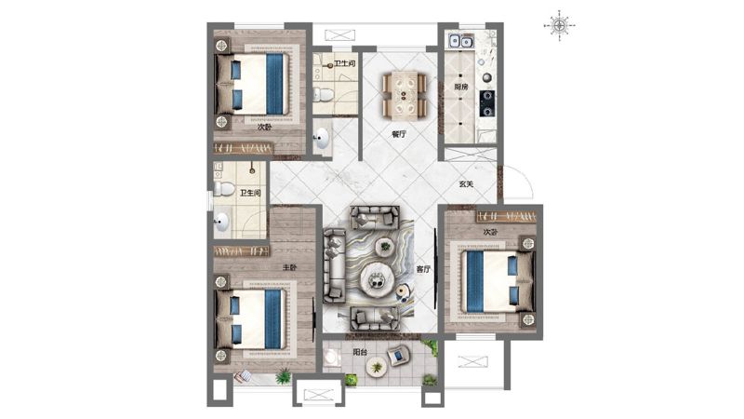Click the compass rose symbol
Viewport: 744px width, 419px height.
pos(560,26)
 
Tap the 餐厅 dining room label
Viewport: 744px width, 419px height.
pos(399,134)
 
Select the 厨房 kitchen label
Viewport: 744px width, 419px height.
pos(460,87)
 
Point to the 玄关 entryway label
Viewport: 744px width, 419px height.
pos(466,183)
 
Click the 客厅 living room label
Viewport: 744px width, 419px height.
pos(423,269)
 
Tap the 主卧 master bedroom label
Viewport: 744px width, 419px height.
pos(289,267)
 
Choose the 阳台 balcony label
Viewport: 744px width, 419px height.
pos(360,353)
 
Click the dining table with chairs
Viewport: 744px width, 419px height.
pos(405,95)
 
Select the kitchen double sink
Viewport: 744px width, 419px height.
pos(460,41)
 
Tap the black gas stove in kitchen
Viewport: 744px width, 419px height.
pos(486,103)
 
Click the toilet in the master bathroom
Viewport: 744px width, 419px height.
pos(223,189)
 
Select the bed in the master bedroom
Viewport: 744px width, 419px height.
pos(251,319)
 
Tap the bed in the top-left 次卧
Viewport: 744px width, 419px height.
pos(252,84)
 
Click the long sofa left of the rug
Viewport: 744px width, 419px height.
pos(335,265)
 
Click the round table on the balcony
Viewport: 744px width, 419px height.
pos(377,367)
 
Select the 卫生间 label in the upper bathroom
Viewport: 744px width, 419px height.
pos(344,63)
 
